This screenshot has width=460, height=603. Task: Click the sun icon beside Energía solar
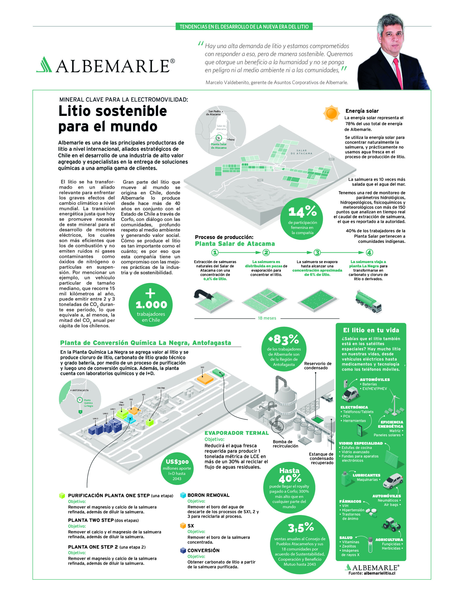click(x=331, y=113)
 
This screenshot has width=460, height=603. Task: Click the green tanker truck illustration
click(x=368, y=301)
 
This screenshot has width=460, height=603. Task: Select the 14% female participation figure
click(x=302, y=212)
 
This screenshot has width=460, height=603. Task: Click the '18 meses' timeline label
click(x=267, y=318)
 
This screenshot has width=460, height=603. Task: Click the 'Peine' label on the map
click(x=231, y=139)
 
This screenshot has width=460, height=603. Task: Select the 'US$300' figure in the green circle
click(x=177, y=462)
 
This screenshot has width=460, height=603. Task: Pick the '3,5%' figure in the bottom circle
click(x=301, y=527)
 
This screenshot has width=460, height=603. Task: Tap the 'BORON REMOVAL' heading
click(x=208, y=495)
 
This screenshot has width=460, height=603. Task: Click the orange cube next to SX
click(x=183, y=526)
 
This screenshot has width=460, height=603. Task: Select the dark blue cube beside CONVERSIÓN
click(x=183, y=550)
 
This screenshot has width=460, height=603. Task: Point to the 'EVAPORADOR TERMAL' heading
click(x=236, y=433)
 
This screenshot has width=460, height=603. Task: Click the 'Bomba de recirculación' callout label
click(x=285, y=444)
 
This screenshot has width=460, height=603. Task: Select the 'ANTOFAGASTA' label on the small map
click(x=80, y=390)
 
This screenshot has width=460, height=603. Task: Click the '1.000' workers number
click(x=151, y=305)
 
